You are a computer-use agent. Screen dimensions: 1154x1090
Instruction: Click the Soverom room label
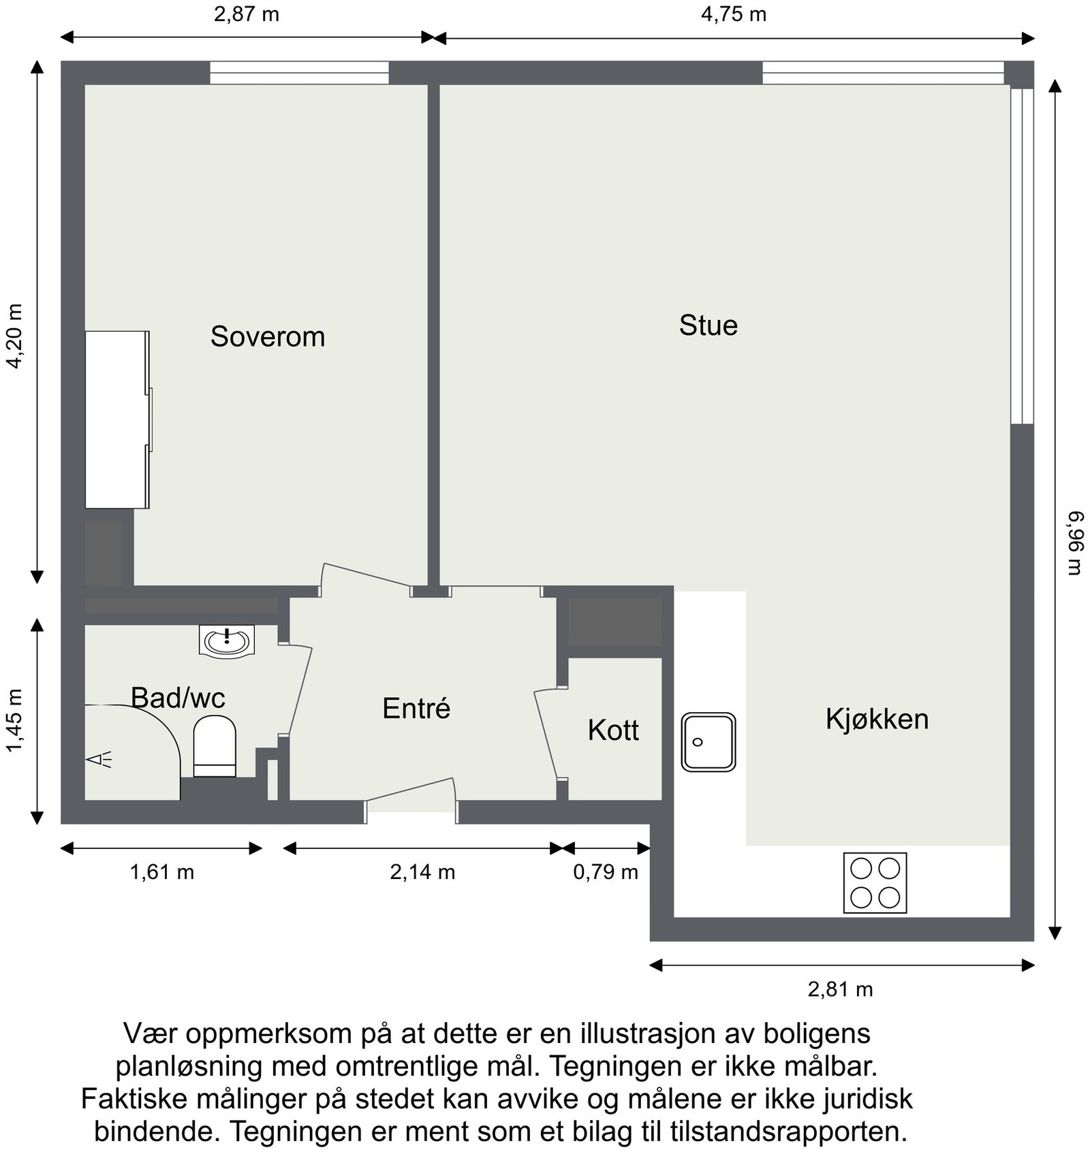click(267, 337)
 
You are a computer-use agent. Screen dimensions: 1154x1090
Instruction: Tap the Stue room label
click(708, 325)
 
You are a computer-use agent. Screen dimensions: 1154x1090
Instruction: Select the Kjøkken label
click(877, 719)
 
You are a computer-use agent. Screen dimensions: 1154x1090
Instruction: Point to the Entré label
click(416, 709)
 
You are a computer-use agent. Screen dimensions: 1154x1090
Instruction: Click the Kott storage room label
click(613, 731)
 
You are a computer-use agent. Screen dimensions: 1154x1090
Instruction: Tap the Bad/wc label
click(177, 698)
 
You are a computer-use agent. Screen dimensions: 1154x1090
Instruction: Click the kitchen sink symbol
click(708, 742)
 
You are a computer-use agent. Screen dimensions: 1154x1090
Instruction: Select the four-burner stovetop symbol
click(875, 883)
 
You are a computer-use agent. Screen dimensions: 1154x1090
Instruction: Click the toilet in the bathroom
click(215, 746)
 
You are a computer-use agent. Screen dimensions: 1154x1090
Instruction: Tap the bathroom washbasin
click(226, 641)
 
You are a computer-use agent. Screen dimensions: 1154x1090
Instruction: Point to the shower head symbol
click(99, 759)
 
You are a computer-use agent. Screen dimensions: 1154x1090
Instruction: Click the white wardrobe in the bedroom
click(116, 419)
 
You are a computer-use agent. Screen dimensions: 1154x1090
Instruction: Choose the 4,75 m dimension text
click(734, 14)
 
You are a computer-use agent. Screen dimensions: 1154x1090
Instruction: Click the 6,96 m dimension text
click(1074, 543)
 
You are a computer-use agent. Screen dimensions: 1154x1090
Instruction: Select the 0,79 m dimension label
click(605, 872)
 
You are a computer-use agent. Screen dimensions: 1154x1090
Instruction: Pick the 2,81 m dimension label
click(840, 989)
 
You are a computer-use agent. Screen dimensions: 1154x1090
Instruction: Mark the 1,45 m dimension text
click(15, 721)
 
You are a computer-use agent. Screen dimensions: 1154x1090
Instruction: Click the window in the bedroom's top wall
click(299, 73)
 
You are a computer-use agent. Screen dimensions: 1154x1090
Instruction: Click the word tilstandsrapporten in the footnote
click(788, 1132)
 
